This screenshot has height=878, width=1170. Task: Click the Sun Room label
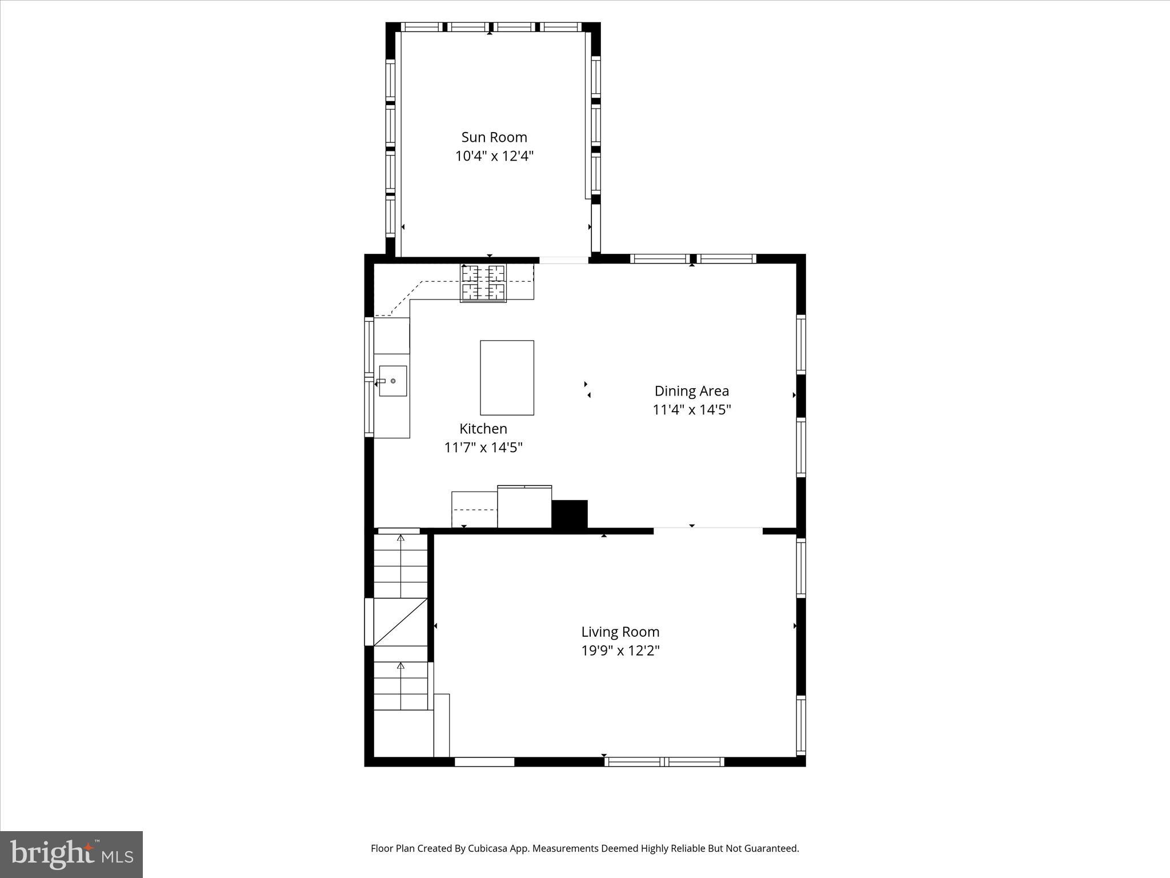coord(494,137)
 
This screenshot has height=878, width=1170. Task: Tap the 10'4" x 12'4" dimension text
coord(494,156)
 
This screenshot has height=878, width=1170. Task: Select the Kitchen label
coord(483,429)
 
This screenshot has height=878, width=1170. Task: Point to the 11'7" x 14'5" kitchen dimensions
coord(483,448)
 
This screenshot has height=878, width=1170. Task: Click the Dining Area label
coord(691,391)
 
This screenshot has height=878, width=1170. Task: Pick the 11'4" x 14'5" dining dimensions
coord(691,410)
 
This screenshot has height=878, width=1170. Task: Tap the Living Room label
coord(620,632)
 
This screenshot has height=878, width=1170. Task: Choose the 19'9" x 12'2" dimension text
coord(620,650)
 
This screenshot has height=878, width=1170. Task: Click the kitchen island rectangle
coord(507,378)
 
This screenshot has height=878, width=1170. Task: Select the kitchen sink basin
coord(393,381)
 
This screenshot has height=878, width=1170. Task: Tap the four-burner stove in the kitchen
coord(483,282)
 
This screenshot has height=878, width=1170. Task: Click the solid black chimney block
coord(569,514)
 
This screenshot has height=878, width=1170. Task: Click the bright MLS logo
coord(71,854)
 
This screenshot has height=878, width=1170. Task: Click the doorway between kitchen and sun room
coord(564,260)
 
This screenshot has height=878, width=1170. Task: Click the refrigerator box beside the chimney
coord(524,507)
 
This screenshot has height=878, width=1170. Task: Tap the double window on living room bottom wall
coord(664,761)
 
